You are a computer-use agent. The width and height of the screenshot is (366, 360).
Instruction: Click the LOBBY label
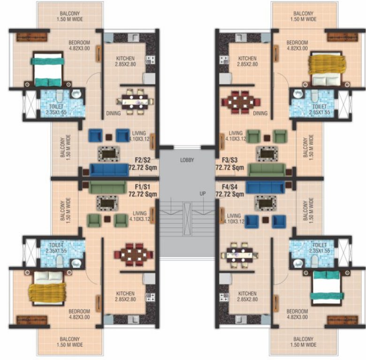[x=187, y=160]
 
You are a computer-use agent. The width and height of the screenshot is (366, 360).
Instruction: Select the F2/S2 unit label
[x=142, y=160]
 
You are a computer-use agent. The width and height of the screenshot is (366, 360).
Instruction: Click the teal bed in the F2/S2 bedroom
[x=47, y=69]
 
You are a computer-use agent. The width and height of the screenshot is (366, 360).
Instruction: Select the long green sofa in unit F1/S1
[x=106, y=188]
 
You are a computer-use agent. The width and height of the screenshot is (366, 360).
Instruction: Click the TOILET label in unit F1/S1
[x=55, y=245]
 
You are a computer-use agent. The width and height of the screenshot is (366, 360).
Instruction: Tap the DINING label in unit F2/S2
[x=113, y=113]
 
